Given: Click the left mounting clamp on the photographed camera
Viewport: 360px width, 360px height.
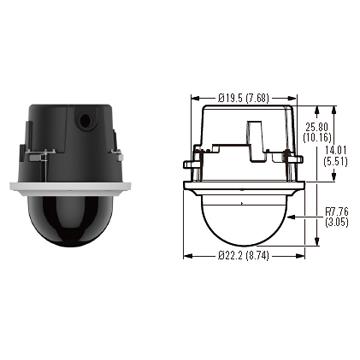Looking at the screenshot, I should click(37, 155).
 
